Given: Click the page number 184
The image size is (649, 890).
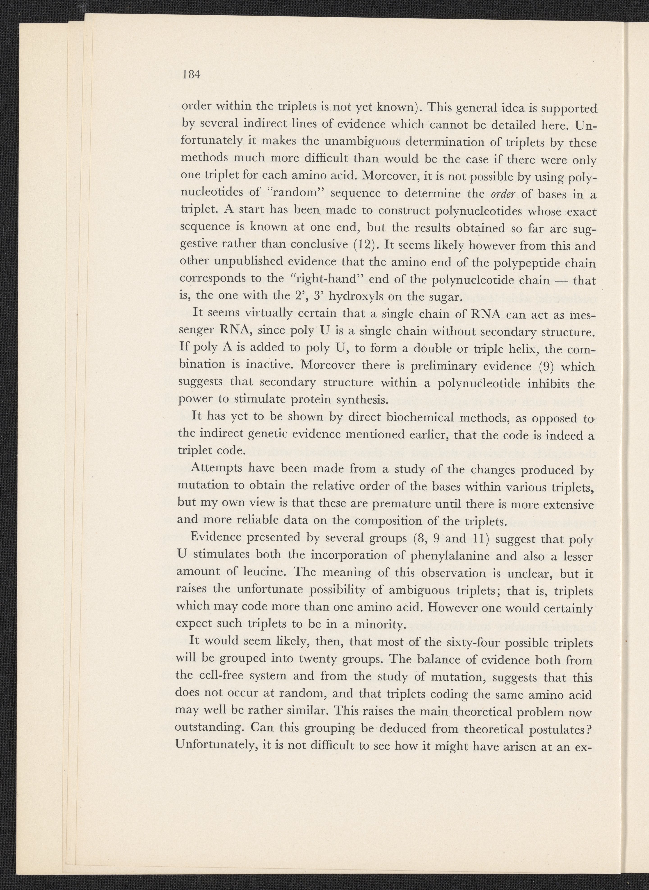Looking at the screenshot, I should click(191, 75).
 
